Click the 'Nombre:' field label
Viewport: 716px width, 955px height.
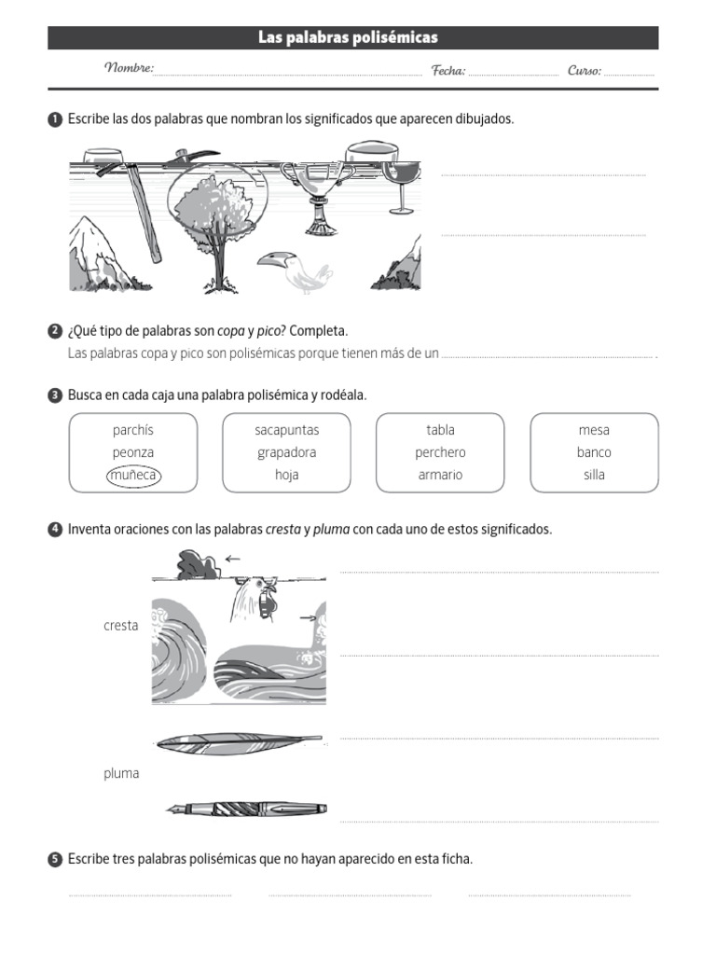pyautogui.click(x=129, y=69)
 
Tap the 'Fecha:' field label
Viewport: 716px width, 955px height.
pyautogui.click(x=448, y=70)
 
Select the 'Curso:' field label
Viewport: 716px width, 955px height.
pyautogui.click(x=585, y=70)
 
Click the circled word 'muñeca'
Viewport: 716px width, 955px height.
pyautogui.click(x=133, y=475)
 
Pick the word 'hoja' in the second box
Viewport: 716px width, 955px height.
pyautogui.click(x=286, y=475)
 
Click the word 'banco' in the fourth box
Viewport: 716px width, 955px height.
pyautogui.click(x=594, y=452)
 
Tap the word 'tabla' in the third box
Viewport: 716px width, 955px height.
pyautogui.click(x=440, y=430)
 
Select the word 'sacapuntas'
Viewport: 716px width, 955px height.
pyautogui.click(x=286, y=430)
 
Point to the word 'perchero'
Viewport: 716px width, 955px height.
pyautogui.click(x=440, y=452)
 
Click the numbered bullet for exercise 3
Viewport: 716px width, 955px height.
pyautogui.click(x=54, y=395)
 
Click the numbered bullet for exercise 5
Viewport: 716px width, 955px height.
pyautogui.click(x=54, y=859)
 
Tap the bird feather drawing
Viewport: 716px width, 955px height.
pyautogui.click(x=239, y=742)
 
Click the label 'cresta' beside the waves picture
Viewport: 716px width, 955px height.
pyautogui.click(x=121, y=626)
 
